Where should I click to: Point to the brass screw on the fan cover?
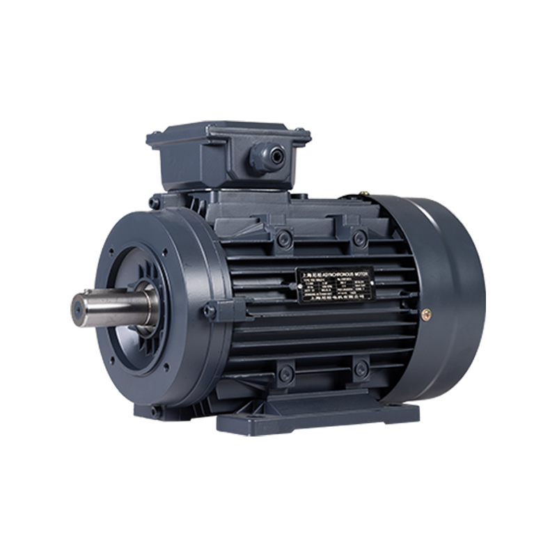(427, 313)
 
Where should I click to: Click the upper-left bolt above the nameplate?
(284, 239)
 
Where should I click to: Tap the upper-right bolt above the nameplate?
(359, 239)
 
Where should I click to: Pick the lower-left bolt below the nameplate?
(284, 375)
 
